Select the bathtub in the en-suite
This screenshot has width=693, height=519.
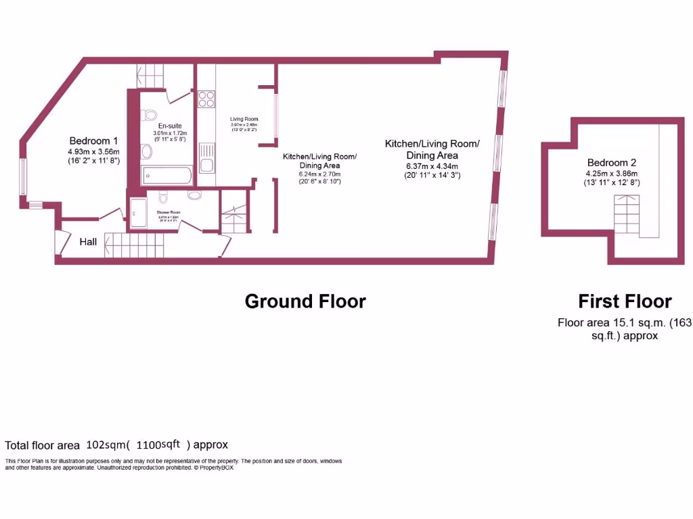click(x=167, y=176)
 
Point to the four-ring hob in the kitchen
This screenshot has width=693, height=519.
click(x=206, y=99)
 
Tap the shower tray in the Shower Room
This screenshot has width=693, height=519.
click(x=139, y=213)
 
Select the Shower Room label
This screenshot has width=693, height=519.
click(x=169, y=212)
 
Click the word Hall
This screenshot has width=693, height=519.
click(x=89, y=241)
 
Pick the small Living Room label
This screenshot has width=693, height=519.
click(x=244, y=119)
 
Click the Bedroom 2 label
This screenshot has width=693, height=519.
click(x=611, y=163)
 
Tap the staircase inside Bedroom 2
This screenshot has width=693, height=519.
click(x=627, y=214)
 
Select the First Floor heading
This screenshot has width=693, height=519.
click(x=624, y=301)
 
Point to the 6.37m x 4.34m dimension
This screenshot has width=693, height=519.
click(x=431, y=166)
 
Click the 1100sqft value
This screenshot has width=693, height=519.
click(x=158, y=445)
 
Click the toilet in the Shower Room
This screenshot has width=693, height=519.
click(x=163, y=197)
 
